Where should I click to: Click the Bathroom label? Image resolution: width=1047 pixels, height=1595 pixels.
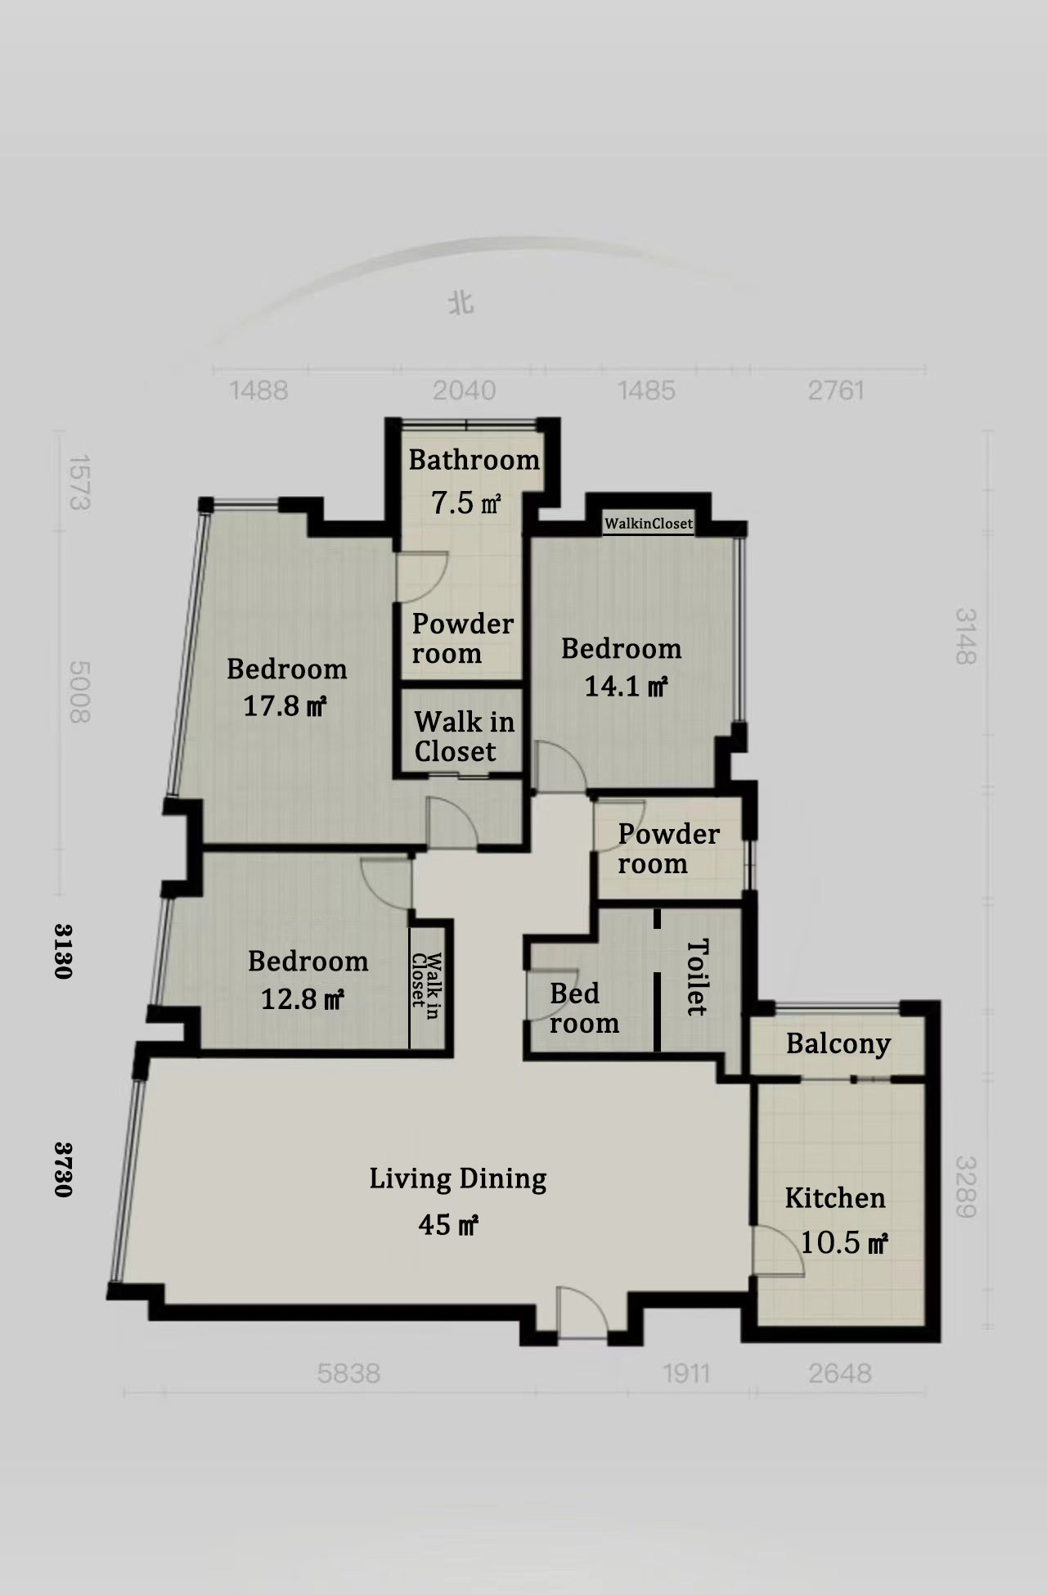point(474,460)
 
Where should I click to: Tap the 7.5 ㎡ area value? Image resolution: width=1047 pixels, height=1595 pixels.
point(465,502)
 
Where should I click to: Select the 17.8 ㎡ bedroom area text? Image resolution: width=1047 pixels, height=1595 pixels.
point(285,705)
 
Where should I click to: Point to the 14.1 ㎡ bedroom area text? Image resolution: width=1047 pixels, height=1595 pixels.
point(626,686)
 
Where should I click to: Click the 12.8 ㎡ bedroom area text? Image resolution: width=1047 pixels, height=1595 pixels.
point(303,998)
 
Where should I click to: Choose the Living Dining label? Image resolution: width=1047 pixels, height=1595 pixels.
point(458,1179)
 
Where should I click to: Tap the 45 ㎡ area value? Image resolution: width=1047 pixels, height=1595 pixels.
point(448,1224)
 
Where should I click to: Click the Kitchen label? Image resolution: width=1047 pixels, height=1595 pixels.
point(835,1198)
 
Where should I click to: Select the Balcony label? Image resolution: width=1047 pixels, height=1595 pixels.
point(838,1044)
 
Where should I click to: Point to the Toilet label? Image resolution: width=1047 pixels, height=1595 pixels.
point(697,977)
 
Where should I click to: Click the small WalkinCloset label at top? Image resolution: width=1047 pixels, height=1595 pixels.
point(649,524)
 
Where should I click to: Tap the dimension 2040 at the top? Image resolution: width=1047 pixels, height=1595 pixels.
point(465,390)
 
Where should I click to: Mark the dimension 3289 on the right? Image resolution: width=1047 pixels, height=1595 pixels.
point(966,1187)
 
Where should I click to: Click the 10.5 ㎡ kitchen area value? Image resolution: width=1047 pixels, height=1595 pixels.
point(844,1243)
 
